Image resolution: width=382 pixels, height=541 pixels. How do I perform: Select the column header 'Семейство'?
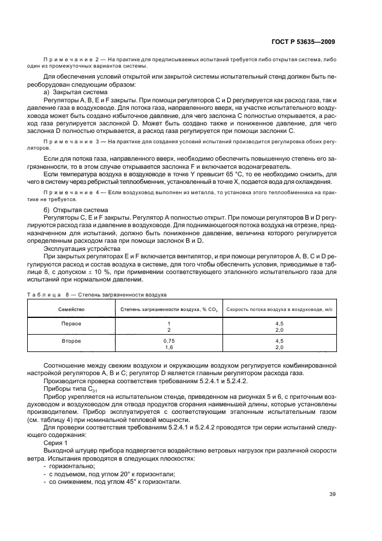click(x=72, y=309)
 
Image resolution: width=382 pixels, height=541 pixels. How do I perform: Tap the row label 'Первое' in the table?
click(x=72, y=323)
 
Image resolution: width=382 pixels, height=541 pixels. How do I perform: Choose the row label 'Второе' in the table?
click(x=72, y=342)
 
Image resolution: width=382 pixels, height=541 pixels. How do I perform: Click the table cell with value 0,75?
click(x=169, y=342)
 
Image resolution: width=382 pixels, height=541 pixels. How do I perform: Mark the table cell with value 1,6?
click(x=169, y=347)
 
